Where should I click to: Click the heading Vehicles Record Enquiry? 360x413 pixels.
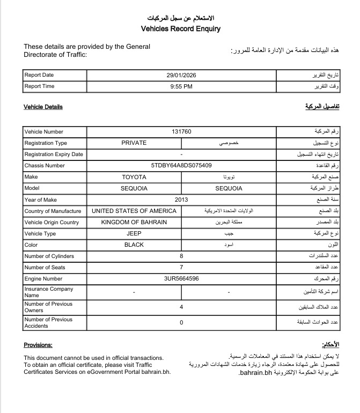coord(180,29)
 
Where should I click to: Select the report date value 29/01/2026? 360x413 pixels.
coord(182,75)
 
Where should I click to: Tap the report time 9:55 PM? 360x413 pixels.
coord(181,86)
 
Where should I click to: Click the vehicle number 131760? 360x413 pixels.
coord(181,131)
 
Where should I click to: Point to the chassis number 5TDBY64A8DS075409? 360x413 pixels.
coord(181,166)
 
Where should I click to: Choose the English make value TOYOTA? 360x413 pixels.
coord(134,177)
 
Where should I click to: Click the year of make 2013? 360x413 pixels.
coord(181,200)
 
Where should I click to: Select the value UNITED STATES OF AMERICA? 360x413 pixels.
coord(134,211)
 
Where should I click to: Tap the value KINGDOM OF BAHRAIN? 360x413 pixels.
coord(134,222)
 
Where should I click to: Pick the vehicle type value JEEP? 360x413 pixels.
coord(134,234)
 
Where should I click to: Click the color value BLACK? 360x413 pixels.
coord(134,245)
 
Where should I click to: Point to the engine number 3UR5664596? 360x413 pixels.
coord(181,279)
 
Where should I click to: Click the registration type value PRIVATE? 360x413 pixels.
coord(134,143)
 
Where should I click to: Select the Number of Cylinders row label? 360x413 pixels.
coord(49,256)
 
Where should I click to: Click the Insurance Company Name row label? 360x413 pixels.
coord(48,292)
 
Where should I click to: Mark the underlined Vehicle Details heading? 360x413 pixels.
coord(43,107)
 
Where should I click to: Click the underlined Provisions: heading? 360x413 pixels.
coord(38,345)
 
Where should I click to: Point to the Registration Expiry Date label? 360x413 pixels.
coord(54,154)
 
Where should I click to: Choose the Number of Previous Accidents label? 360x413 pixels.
coord(48,322)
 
